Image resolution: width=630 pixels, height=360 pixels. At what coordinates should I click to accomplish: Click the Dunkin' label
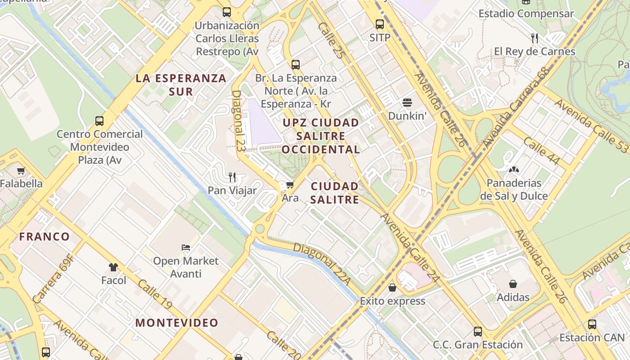tap(407, 116)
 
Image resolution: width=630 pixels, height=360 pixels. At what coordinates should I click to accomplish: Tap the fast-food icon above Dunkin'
tap(407, 103)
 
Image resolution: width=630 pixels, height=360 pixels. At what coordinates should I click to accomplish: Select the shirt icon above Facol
tap(113, 267)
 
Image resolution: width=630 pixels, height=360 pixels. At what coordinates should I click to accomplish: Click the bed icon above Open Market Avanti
tap(186, 247)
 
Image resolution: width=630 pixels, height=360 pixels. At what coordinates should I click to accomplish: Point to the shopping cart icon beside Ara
tap(290, 184)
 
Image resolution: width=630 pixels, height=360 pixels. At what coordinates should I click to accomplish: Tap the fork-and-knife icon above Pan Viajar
tap(232, 177)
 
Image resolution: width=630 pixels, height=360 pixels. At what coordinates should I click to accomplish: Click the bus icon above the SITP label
tap(380, 24)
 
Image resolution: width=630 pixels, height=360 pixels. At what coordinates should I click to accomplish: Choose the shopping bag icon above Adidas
tap(513, 284)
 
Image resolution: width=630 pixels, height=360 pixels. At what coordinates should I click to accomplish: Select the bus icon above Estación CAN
tap(592, 324)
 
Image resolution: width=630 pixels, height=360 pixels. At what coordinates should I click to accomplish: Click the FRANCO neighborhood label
tap(45, 237)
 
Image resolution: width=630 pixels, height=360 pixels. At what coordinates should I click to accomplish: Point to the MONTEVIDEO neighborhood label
tap(177, 323)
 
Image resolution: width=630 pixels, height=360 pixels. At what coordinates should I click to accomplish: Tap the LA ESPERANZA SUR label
tap(181, 85)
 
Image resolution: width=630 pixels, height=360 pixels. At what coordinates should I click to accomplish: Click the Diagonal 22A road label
tap(321, 264)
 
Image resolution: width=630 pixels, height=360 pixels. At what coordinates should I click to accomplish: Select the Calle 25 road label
tap(330, 40)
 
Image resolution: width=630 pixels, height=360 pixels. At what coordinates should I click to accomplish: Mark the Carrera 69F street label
tap(53, 279)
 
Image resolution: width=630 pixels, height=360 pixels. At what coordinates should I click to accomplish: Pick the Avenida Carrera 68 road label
tap(517, 108)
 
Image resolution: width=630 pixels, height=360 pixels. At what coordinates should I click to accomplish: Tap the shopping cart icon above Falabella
tap(21, 171)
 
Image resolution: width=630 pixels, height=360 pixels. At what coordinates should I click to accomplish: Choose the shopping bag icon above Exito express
tap(392, 288)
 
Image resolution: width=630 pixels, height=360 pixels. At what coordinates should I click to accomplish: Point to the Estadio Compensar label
tap(526, 13)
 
